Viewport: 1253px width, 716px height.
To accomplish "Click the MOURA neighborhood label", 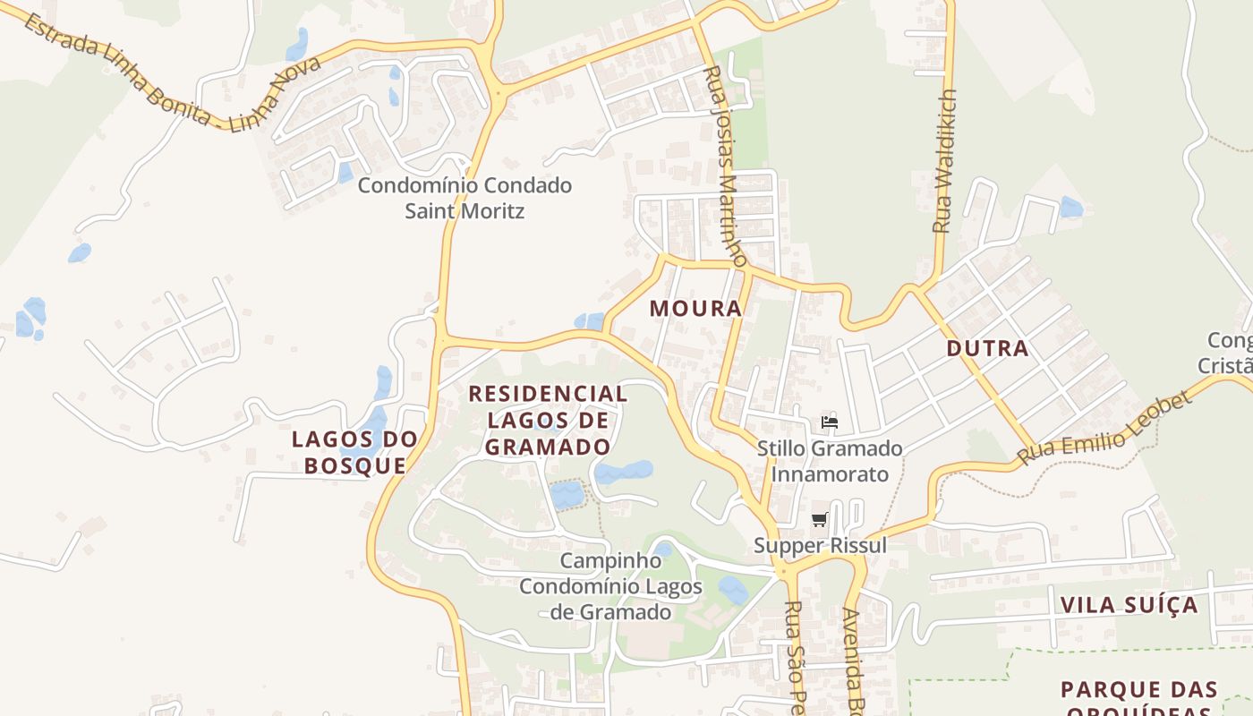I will [695, 309].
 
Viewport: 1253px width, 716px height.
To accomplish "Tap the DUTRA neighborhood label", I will [987, 349].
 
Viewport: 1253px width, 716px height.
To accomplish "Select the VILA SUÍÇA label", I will [1129, 605].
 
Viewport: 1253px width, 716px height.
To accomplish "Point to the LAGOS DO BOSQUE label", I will [354, 452].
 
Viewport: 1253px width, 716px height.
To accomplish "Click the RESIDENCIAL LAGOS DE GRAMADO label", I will [548, 420].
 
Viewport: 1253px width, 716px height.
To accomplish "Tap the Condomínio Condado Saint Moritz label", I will [465, 199].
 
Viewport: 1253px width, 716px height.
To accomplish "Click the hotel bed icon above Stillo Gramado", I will [829, 422].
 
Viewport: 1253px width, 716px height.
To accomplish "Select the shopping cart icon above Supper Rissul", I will [819, 520].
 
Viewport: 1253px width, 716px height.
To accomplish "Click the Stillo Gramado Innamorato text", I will [830, 461].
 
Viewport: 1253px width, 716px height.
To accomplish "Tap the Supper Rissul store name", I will [820, 545].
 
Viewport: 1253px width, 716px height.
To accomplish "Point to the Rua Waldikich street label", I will [945, 161].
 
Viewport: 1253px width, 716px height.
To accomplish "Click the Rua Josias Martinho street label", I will [725, 166].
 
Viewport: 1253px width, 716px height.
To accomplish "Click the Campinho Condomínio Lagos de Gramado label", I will [610, 586].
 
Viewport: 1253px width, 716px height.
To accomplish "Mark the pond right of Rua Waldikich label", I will [1070, 208].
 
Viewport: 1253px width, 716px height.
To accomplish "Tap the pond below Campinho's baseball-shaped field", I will [733, 589].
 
